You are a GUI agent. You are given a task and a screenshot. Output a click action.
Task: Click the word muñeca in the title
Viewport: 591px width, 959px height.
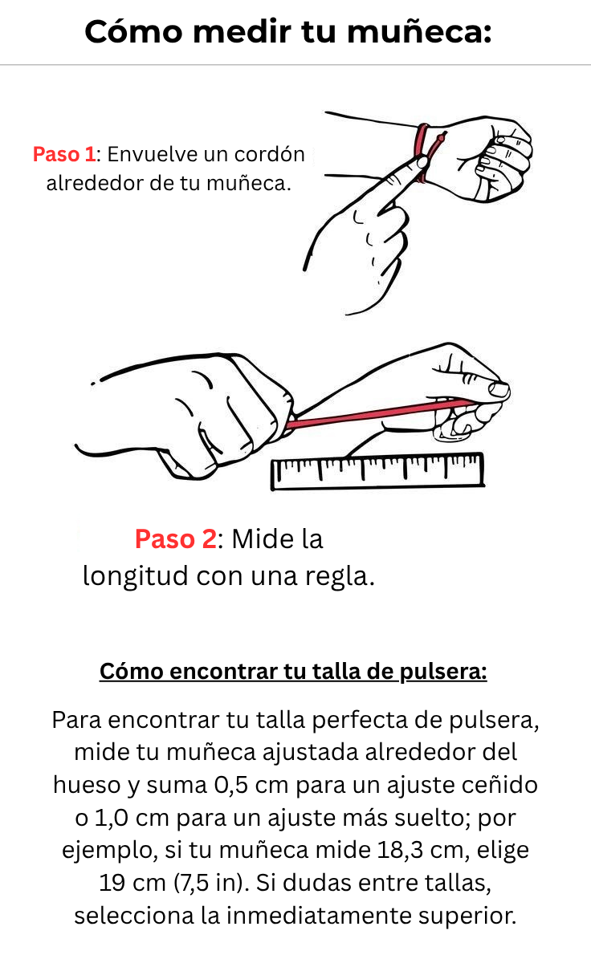pos(419,32)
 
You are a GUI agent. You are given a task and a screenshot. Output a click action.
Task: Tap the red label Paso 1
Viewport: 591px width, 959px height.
pos(64,154)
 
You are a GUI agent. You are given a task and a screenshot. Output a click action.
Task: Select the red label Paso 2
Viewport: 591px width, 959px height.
pos(176,538)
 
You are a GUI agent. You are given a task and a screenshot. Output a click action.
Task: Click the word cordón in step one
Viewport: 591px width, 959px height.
pos(270,154)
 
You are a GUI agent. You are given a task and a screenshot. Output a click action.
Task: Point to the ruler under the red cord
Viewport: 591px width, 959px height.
pos(377,471)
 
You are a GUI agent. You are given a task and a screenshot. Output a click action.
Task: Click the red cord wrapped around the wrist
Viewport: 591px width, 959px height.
pos(423,153)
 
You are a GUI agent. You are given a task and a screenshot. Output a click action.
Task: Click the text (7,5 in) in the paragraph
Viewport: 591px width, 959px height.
pos(211,883)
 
